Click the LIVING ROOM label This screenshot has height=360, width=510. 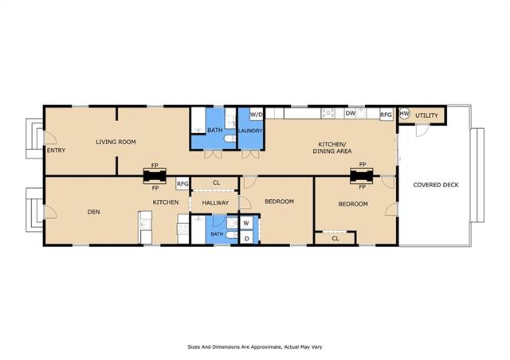[x=116, y=142]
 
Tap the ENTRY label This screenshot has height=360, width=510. [x=56, y=151]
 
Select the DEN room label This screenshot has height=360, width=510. [x=94, y=212]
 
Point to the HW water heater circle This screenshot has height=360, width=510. [x=404, y=114]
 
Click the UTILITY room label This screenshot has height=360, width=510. [x=426, y=115]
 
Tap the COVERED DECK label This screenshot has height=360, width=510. [x=436, y=185]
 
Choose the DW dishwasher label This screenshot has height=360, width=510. [x=351, y=113]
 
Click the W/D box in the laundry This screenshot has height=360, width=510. [x=257, y=115]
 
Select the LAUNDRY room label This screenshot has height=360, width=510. [x=250, y=131]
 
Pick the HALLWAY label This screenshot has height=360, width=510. [x=215, y=203]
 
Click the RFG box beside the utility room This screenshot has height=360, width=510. [x=386, y=115]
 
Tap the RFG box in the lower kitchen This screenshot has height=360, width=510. [x=182, y=184]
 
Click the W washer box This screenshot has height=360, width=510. [x=246, y=223]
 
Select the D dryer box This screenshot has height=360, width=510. [x=246, y=238]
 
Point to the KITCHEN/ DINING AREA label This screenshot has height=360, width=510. [x=332, y=147]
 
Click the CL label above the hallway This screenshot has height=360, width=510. [x=216, y=182]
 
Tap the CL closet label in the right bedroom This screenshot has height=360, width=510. [x=335, y=238]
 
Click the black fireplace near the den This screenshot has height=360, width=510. [x=155, y=176]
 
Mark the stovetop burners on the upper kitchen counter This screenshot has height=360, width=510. [x=328, y=113]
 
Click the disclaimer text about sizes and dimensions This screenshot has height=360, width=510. [x=255, y=347]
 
